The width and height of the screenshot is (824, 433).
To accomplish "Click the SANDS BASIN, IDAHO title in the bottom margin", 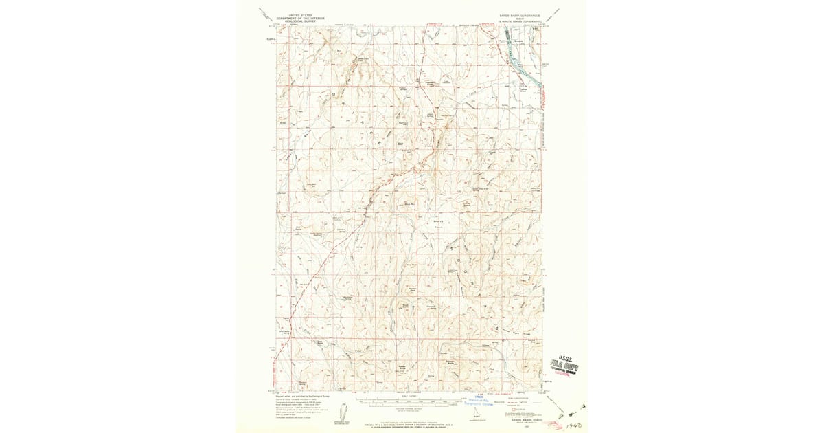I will (x=519, y=421).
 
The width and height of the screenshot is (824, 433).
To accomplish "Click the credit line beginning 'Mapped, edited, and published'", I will (x=302, y=397).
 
